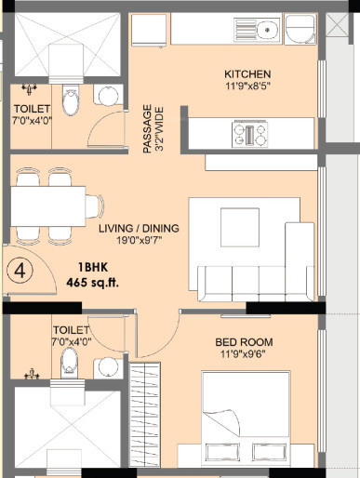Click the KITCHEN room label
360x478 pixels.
click(247, 73)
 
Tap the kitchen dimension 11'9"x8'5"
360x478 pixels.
click(247, 86)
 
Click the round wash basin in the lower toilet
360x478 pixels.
click(108, 366)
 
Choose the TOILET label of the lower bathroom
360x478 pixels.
click(71, 329)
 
